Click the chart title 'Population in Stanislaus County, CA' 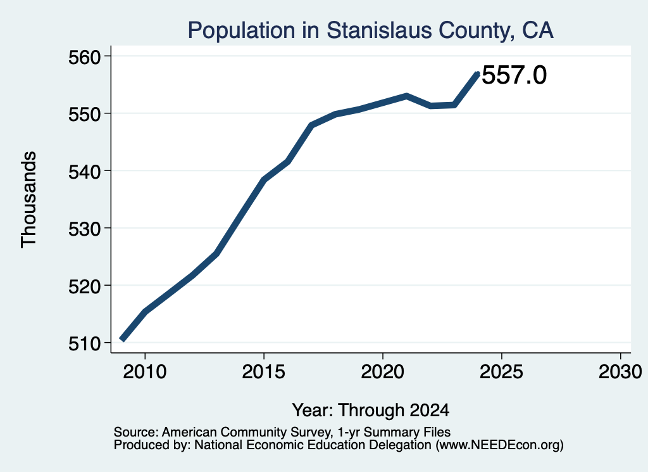coord(370,30)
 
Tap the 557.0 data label coord(514,75)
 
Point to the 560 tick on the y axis coord(85,57)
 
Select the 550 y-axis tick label coord(85,114)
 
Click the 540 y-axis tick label coord(85,172)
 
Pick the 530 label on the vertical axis coord(85,229)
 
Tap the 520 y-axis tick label coord(85,286)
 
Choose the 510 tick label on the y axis coord(85,343)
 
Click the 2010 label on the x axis coord(145,371)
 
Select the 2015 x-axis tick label coord(264,371)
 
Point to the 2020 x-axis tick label coord(383,371)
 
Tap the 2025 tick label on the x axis coord(501,371)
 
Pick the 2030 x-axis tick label coord(620,371)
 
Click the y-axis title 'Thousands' coord(29,200)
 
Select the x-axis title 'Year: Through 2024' coord(371,410)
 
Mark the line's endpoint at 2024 coord(478,73)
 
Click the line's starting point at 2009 coord(122,339)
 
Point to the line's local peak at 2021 coord(407,96)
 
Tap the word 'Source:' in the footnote coord(136,432)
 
